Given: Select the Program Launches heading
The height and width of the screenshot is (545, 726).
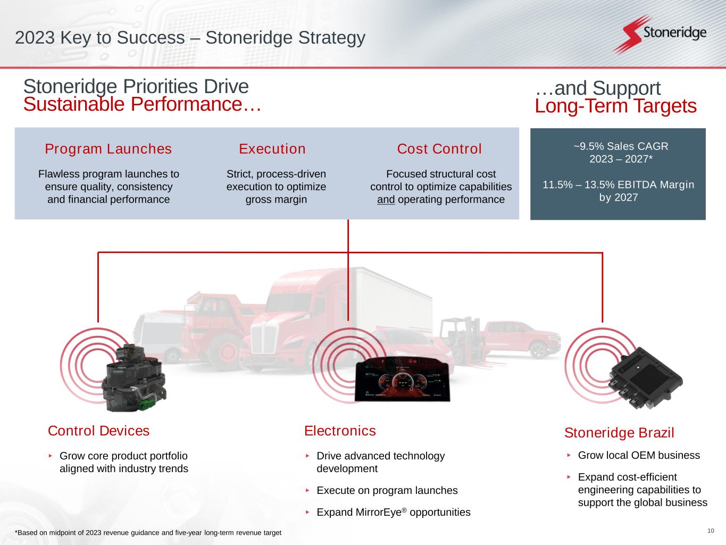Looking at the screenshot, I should (x=109, y=149).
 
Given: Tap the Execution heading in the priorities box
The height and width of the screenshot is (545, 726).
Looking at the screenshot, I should (x=272, y=149).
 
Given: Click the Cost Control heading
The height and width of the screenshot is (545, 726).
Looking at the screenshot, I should (x=439, y=149).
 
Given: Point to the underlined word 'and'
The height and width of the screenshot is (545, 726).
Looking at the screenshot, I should (x=386, y=200).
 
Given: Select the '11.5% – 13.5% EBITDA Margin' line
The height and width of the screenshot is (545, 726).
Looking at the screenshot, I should (x=618, y=185).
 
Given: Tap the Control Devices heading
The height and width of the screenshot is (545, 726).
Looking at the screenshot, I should (x=99, y=431).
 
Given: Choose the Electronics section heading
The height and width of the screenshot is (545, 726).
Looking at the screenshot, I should (x=340, y=431).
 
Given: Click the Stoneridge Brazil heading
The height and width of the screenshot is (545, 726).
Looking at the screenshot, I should (x=619, y=433).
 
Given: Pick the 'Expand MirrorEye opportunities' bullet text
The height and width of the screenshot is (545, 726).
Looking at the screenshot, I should (x=393, y=512).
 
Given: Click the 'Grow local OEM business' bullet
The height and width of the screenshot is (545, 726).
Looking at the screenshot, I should (x=639, y=455).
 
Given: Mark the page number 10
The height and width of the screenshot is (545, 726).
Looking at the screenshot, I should (x=711, y=531).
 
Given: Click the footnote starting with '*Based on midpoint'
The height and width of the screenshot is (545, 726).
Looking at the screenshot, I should (x=148, y=533).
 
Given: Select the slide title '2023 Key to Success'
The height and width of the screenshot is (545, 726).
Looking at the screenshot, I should (x=190, y=38).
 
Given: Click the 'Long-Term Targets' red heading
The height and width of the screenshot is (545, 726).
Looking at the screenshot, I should (x=615, y=106).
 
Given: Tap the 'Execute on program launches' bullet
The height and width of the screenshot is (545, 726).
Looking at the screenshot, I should (x=387, y=490).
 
